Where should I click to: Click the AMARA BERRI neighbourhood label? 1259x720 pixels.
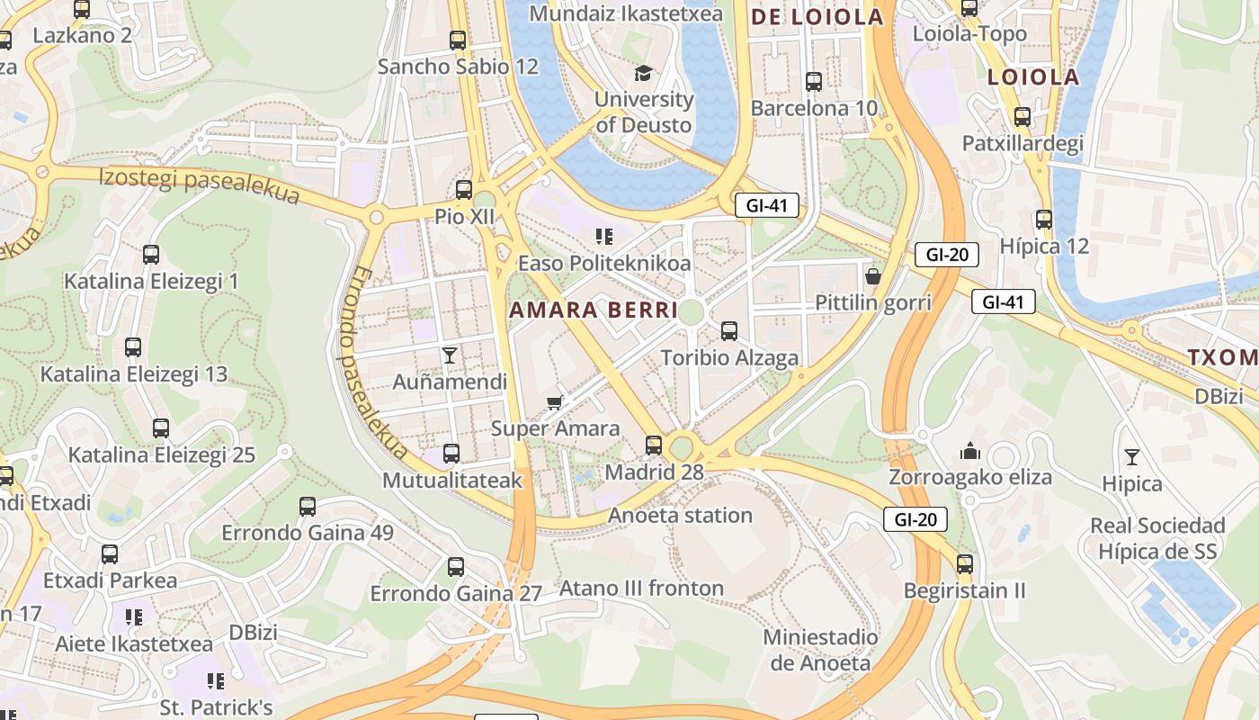594,310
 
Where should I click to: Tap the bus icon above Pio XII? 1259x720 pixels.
464,189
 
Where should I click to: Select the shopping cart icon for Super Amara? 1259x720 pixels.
555,401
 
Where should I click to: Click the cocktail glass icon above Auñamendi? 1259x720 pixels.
450,355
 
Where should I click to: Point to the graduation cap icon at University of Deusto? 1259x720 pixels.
643,72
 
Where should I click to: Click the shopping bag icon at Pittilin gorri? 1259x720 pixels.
872,275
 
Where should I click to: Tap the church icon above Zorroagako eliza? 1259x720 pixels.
970,450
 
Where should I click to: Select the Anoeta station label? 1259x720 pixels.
680,515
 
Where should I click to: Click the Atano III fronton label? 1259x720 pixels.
641,589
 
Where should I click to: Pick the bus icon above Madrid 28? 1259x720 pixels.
654,445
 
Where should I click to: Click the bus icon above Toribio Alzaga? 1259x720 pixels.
729,330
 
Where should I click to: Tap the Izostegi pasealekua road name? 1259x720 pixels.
200,185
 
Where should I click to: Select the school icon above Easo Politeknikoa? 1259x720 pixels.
604,237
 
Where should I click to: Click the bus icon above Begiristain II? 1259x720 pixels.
965,564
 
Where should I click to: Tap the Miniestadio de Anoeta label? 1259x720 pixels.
820,650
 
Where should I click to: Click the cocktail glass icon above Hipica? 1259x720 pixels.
1132,457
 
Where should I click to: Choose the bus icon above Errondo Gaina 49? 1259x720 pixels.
308,506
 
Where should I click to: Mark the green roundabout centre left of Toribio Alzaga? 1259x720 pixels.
691,312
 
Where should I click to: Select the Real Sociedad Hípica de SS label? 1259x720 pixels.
1157,537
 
